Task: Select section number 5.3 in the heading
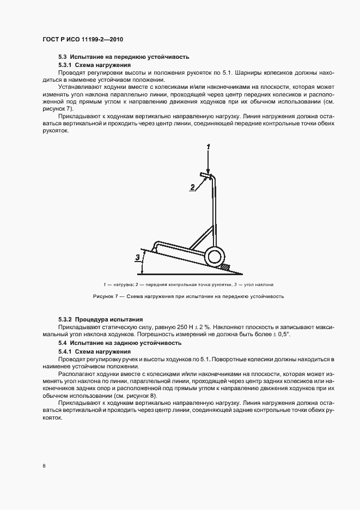click(x=62, y=57)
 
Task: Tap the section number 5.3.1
click(x=64, y=65)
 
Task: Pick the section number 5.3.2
click(x=64, y=319)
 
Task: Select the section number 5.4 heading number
click(x=62, y=343)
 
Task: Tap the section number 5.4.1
click(x=64, y=352)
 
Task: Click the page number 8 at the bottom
click(x=44, y=466)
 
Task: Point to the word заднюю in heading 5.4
click(x=121, y=343)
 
